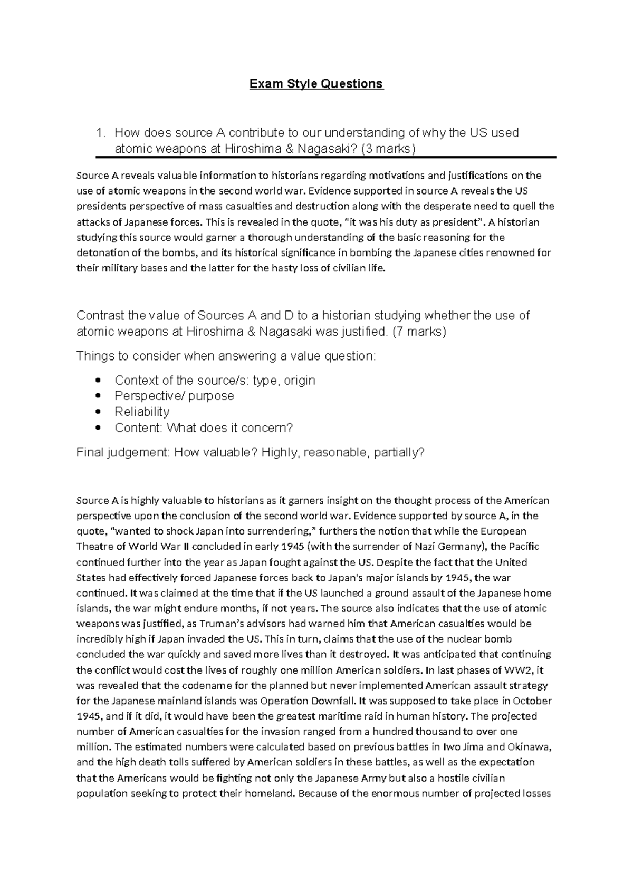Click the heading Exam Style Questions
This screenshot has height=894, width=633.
[316, 84]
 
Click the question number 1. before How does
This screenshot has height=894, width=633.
[101, 133]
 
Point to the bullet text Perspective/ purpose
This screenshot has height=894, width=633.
[174, 396]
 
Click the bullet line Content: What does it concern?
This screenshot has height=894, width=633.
[203, 428]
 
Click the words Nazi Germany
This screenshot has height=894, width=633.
[450, 547]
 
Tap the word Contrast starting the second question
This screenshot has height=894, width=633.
[100, 316]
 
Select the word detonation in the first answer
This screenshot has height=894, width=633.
[100, 252]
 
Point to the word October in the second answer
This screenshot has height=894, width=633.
[532, 701]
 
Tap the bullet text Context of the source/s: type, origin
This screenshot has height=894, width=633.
[215, 380]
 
